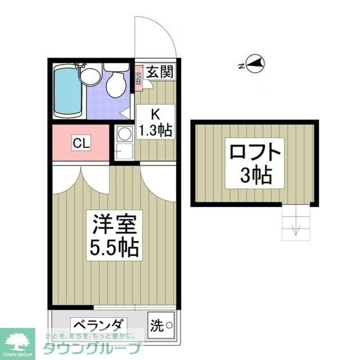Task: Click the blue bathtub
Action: (67, 91)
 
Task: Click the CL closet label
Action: (81, 143)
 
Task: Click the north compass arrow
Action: (256, 64)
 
